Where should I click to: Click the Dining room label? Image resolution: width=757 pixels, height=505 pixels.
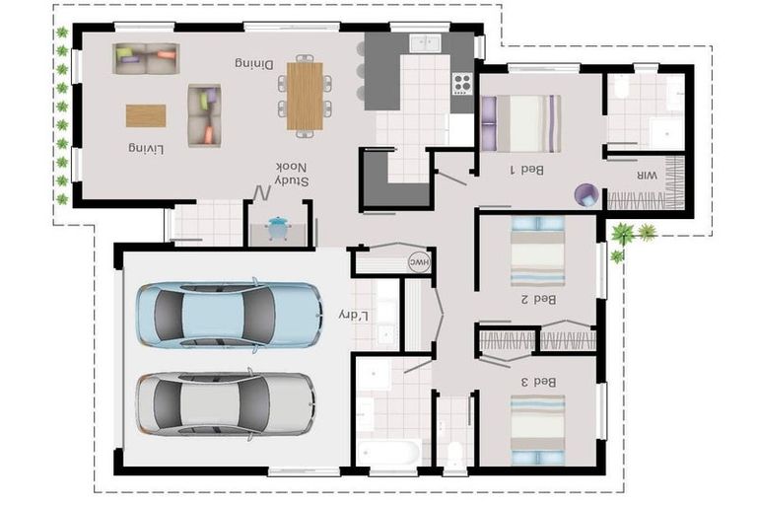coord(253,63)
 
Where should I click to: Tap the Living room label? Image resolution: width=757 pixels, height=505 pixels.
coord(145,148)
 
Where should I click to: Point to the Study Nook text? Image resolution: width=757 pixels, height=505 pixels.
coord(292,175)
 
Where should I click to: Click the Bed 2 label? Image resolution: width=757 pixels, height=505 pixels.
coord(538,299)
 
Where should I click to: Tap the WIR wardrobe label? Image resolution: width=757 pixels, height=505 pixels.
coord(647,175)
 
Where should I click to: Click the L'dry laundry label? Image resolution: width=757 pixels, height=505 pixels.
coord(353,315)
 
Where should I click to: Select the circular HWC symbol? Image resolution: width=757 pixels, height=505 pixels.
coord(419,262)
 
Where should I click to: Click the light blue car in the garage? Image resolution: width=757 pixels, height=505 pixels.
coord(229,315)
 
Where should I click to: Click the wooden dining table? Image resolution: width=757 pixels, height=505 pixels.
coord(305,96)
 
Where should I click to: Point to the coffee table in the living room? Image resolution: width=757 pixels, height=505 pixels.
coord(146,115)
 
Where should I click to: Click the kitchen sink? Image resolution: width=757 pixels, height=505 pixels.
coord(426,42)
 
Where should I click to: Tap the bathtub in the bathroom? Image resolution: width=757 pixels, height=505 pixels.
coord(387,454)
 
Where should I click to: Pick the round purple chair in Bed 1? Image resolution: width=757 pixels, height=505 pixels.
coord(586,194)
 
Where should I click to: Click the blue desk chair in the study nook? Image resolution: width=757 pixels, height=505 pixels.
coord(279,226)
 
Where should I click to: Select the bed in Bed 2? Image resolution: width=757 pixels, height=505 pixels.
coord(537,251)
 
